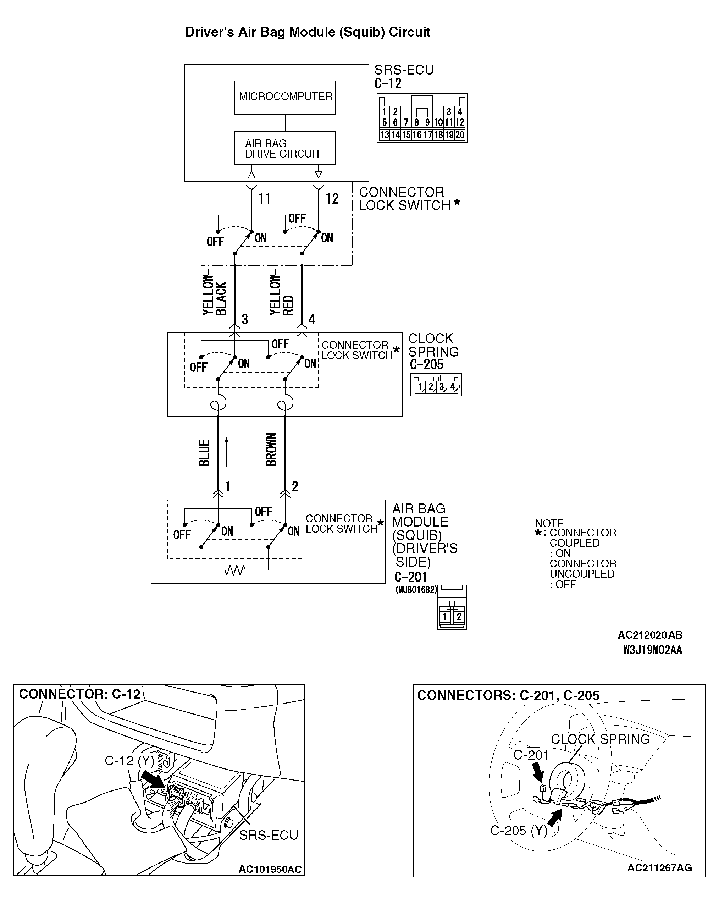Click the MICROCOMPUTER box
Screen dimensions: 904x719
[x=285, y=97]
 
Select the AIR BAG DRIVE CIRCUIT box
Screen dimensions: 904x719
[x=285, y=148]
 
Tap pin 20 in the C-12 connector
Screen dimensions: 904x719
[x=460, y=135]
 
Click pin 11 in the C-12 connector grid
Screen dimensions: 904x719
[x=449, y=122]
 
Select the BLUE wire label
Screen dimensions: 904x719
[x=204, y=453]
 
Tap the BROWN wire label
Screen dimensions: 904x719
[x=271, y=450]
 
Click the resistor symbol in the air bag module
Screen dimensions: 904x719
[x=235, y=570]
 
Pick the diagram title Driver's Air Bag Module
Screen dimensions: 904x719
[x=308, y=32]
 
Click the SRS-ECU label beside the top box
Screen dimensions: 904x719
[x=404, y=70]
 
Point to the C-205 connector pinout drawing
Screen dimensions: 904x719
[x=436, y=385]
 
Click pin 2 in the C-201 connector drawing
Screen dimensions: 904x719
[x=459, y=617]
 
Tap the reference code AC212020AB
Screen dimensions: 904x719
[x=650, y=635]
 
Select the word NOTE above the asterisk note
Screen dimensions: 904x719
[x=549, y=523]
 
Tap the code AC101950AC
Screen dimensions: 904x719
[x=270, y=870]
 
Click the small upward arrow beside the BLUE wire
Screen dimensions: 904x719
[x=226, y=452]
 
